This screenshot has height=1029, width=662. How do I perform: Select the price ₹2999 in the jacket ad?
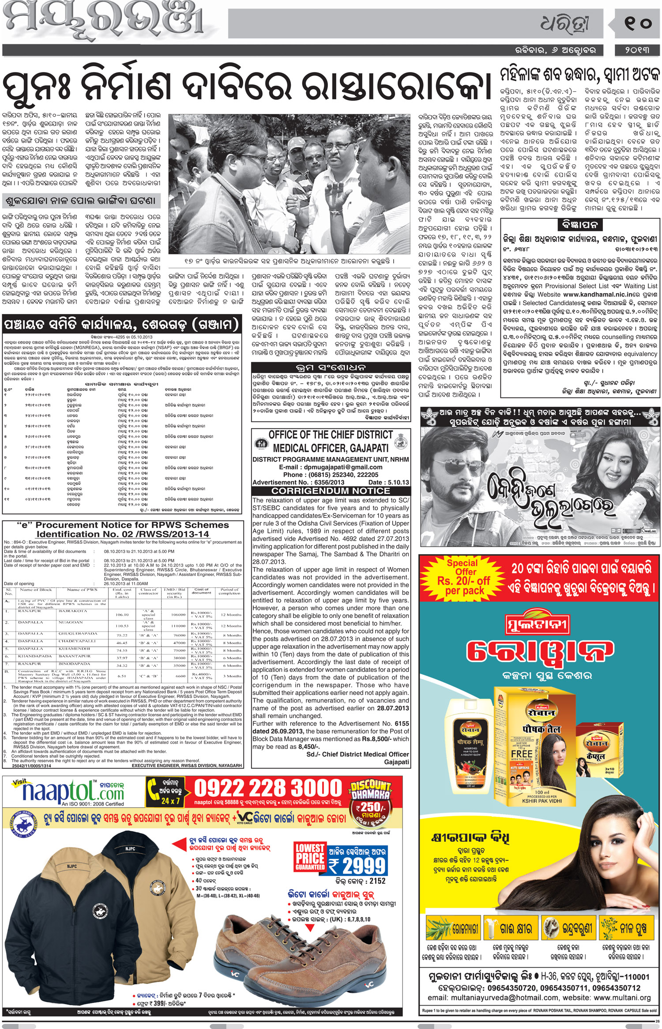pos(357,865)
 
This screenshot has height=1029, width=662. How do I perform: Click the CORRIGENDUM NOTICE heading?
pos(331,491)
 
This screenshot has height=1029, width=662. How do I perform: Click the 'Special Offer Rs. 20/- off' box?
pos(463,577)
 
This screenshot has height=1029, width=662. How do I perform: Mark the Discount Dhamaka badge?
pos(371,791)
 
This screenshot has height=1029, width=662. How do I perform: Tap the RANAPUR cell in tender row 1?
pos(30,611)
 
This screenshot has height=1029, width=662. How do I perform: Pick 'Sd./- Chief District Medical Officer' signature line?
pos(357,754)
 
